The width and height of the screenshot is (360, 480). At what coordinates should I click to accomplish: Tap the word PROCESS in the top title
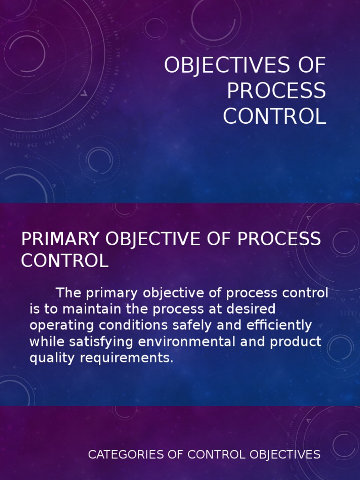[276, 91]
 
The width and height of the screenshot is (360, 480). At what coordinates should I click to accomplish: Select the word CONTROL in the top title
[274, 116]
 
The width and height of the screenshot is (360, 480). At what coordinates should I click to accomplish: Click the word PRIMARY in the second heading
[61, 239]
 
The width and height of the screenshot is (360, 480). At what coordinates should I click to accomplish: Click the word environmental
[187, 342]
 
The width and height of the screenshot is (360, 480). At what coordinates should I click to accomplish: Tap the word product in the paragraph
[295, 342]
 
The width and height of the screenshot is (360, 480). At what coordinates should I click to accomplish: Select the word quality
[49, 359]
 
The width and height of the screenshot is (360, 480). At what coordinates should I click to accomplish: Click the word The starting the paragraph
[68, 293]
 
